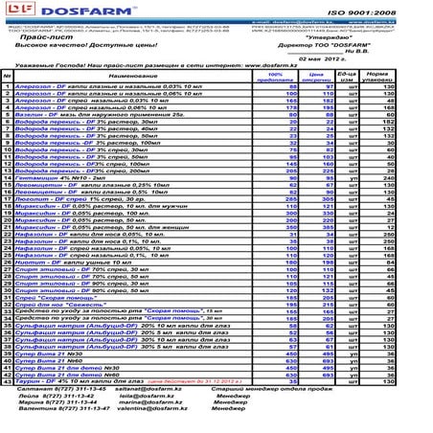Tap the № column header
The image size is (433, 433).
(7, 75)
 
